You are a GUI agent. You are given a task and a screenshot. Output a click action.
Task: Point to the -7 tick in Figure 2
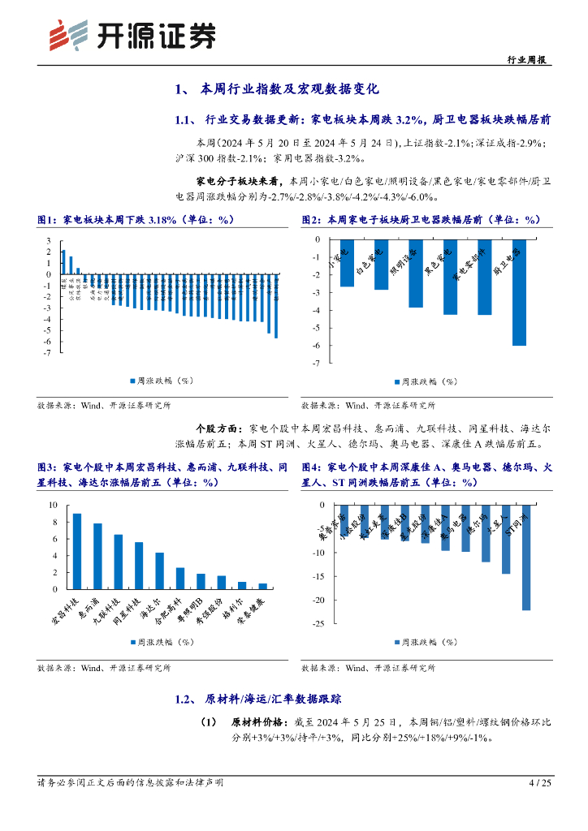coord(316,363)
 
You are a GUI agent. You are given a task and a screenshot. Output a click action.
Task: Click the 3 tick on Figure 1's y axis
coord(48,241)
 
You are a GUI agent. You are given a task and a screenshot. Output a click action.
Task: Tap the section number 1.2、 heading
coord(185,699)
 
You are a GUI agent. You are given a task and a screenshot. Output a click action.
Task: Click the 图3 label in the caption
coord(48,468)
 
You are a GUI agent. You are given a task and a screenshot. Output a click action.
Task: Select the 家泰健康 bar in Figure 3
coord(262,585)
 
